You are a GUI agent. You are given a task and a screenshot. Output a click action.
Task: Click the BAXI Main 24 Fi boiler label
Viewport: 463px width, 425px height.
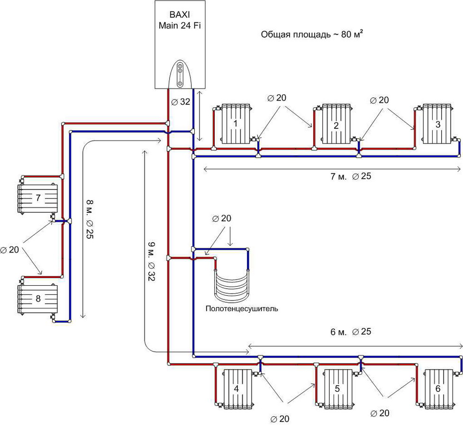click(180, 20)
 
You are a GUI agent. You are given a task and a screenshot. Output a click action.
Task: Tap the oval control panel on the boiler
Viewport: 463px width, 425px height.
click(180, 74)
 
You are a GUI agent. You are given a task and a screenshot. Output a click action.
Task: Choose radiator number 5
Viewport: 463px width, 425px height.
click(338, 389)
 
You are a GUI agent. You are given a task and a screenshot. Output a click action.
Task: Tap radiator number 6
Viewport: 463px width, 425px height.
click(439, 389)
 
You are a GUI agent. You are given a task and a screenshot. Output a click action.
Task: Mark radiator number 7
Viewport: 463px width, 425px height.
click(37, 198)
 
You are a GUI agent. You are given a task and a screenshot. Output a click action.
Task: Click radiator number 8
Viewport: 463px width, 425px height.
click(37, 299)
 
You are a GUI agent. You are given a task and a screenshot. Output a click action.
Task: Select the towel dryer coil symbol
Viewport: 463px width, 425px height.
click(232, 285)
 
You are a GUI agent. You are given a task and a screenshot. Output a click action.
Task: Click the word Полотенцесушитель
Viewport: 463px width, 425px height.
click(242, 309)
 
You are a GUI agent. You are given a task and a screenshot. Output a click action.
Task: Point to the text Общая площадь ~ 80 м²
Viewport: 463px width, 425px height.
click(312, 34)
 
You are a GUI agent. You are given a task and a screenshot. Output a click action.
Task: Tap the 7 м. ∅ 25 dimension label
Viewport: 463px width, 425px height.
click(351, 177)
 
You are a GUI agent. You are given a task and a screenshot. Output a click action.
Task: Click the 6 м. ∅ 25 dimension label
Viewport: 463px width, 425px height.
click(351, 332)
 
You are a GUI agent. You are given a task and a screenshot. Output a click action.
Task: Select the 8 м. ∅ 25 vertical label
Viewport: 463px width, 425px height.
click(90, 219)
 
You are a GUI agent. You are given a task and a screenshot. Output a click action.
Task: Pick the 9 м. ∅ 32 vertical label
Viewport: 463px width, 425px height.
click(151, 261)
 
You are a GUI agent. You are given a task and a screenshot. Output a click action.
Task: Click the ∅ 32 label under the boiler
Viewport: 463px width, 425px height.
click(181, 102)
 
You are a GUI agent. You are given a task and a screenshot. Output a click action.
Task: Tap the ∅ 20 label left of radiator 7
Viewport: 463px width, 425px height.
click(10, 250)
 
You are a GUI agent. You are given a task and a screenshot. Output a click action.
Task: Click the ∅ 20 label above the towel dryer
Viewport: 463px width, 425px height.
click(222, 218)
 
